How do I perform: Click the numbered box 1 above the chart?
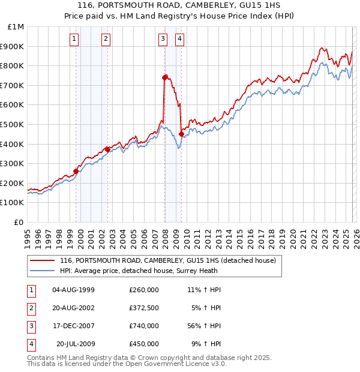(74, 40)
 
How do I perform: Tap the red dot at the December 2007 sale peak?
(164, 77)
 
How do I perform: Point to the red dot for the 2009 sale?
(181, 134)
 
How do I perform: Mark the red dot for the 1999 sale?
(76, 171)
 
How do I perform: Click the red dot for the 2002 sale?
(107, 149)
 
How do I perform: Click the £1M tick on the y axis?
(16, 27)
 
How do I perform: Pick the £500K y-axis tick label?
(13, 125)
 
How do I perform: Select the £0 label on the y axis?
(19, 222)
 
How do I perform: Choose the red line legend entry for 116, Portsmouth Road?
(167, 260)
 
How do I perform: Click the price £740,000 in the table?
(144, 326)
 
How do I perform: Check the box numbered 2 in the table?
(31, 308)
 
